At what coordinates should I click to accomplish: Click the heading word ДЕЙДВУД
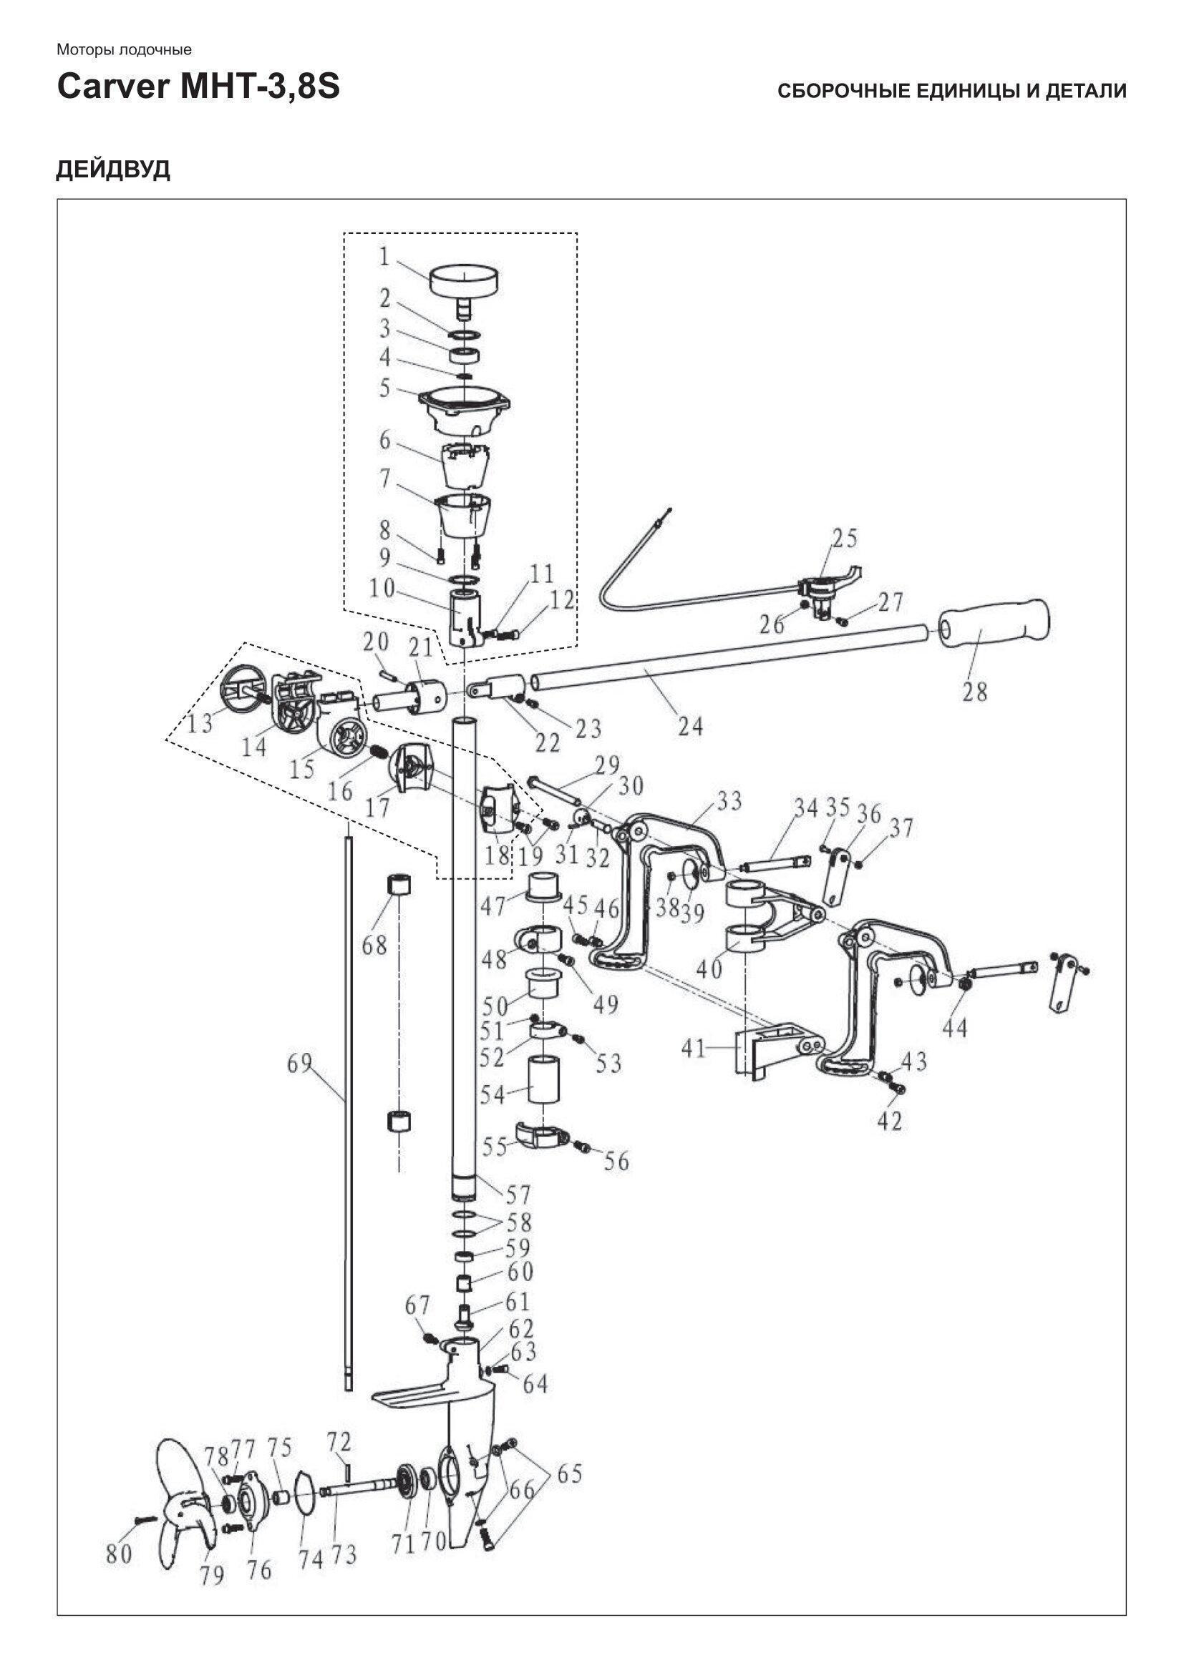pos(113,169)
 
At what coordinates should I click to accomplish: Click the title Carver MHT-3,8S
pos(198,87)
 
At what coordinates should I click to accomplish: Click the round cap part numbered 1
pos(464,281)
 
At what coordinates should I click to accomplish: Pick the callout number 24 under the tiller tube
pos(689,726)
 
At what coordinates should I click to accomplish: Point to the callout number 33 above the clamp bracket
pos(728,802)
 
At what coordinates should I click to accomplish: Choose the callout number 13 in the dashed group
pos(199,724)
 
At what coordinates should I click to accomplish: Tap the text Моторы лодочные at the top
pos(124,49)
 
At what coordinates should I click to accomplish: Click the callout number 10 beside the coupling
pos(382,589)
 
